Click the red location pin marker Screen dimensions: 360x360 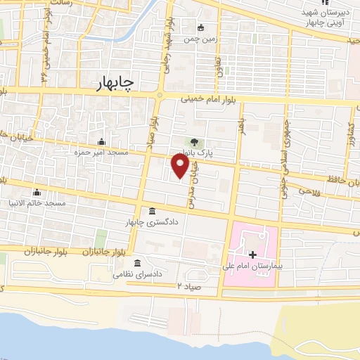tap(180, 165)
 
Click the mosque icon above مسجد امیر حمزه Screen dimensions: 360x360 tap(103, 141)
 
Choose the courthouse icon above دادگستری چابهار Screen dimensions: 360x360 tap(153, 211)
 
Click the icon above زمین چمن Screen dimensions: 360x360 tap(201, 28)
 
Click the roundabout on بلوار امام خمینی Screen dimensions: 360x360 tap(160, 96)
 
